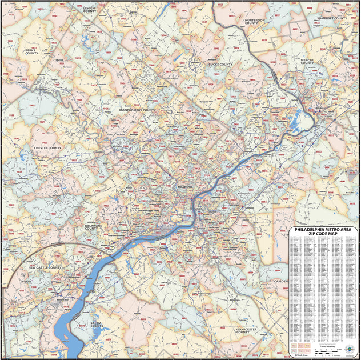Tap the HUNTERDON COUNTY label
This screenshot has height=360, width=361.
coord(254,22)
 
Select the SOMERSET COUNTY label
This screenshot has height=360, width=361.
coord(332,18)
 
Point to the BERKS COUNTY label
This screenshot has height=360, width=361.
coord(31,52)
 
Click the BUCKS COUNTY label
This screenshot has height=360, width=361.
coord(220,65)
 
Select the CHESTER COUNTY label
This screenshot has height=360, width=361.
coord(47,148)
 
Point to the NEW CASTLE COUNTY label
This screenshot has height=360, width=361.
coord(45,267)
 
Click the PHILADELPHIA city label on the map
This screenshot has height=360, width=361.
coord(186,187)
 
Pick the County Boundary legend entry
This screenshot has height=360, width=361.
coord(327,346)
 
